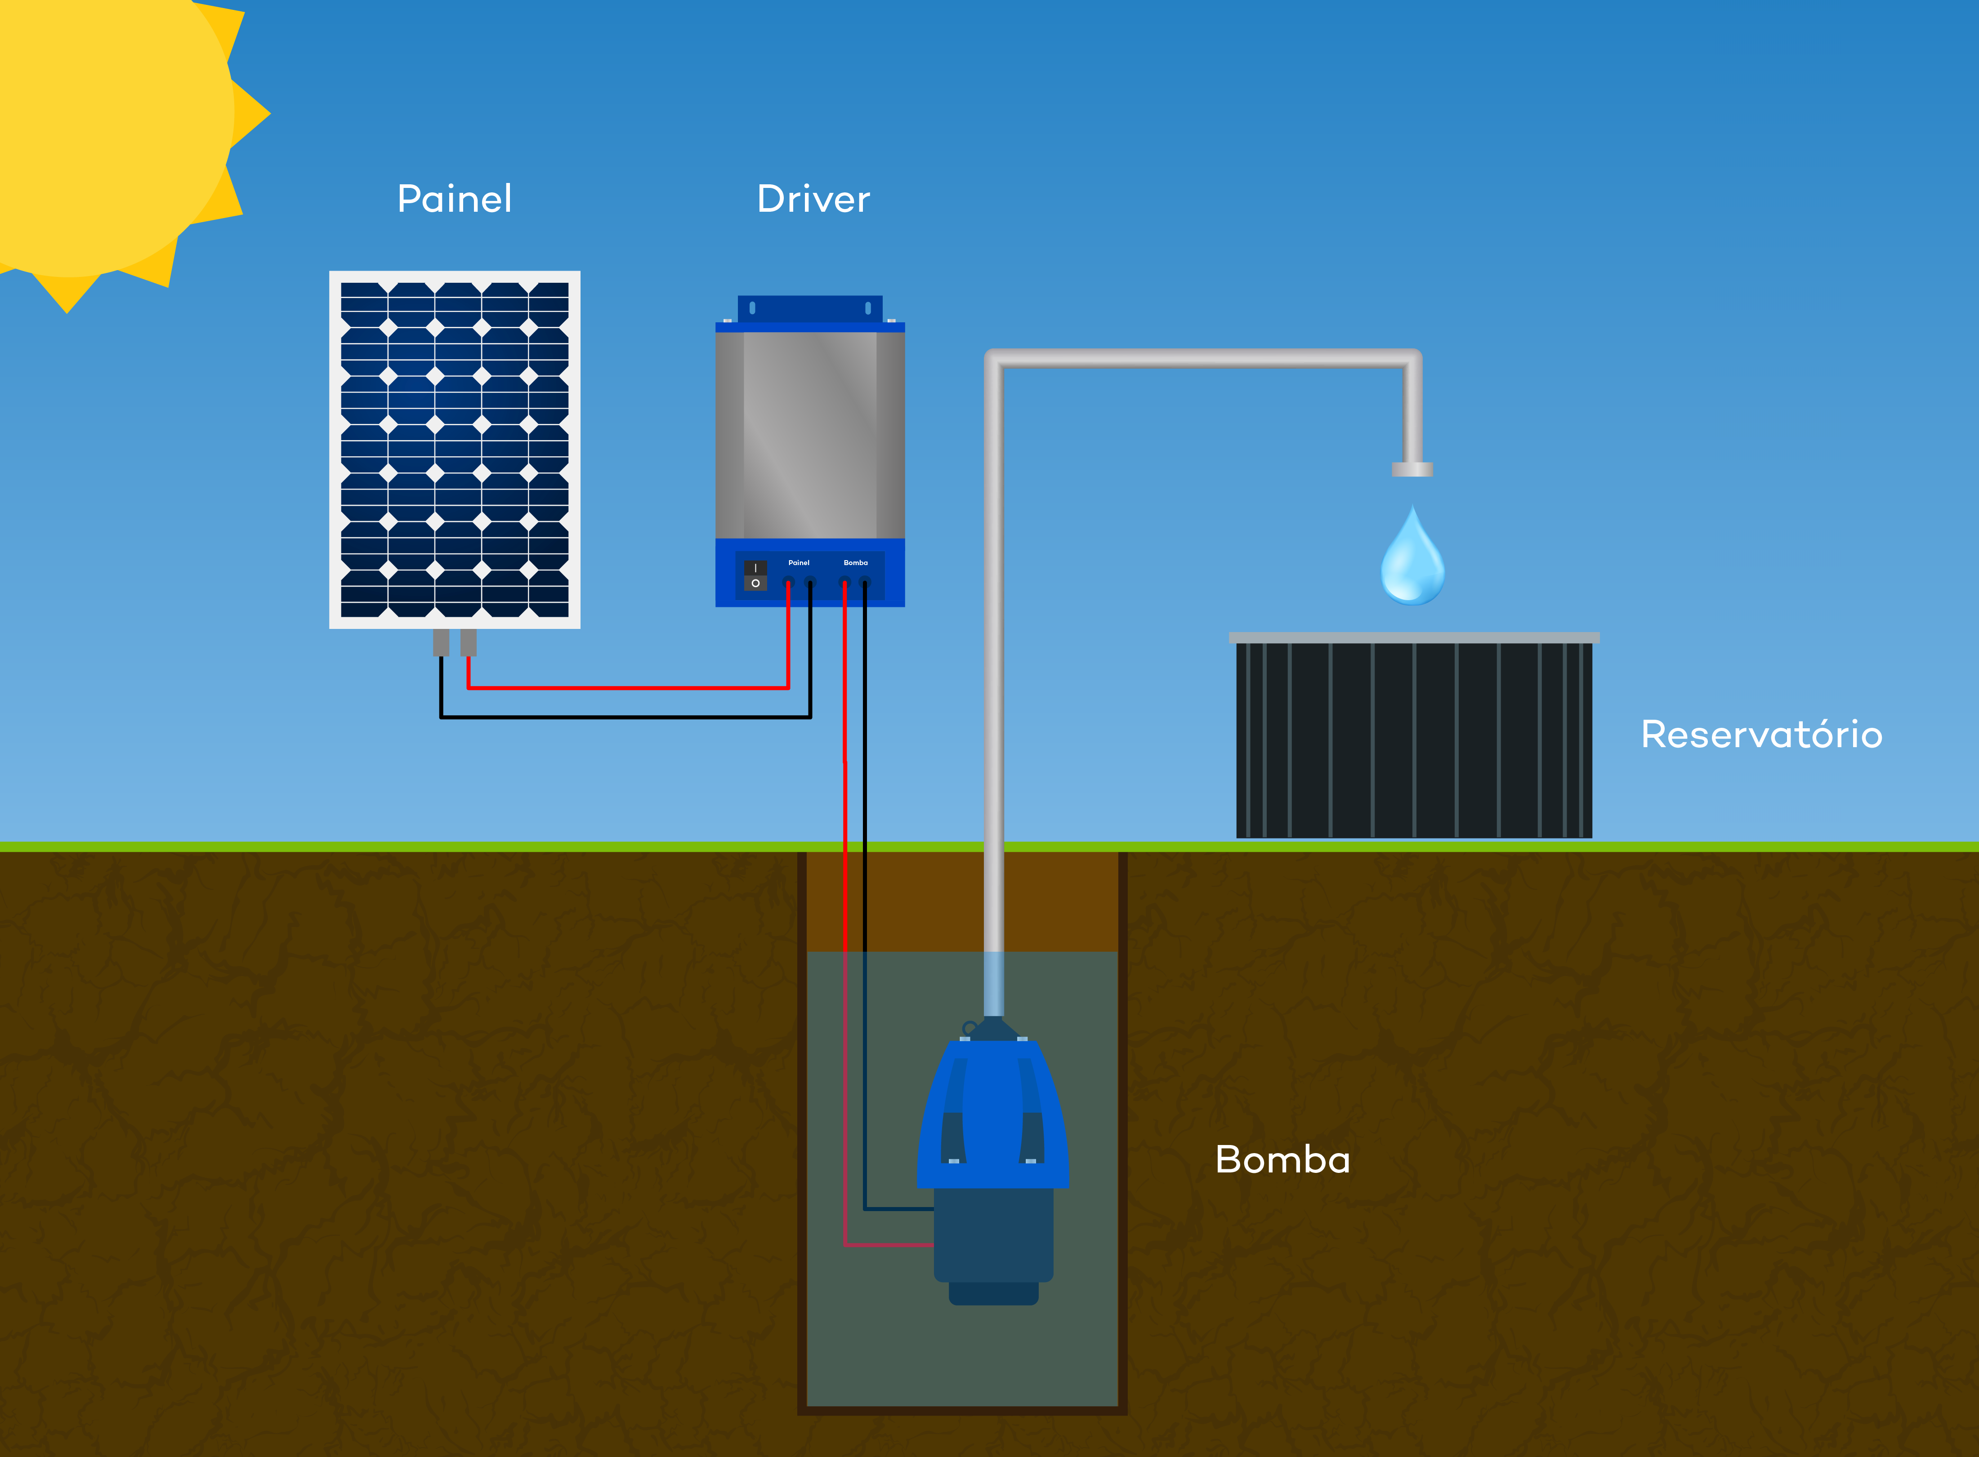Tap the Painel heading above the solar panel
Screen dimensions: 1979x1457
click(x=454, y=199)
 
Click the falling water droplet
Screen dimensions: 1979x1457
click(x=1412, y=556)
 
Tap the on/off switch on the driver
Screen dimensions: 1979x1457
click(x=755, y=575)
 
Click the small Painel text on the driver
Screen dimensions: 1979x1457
click(x=799, y=563)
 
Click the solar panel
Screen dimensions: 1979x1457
click(x=454, y=450)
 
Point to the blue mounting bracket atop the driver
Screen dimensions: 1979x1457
click(x=810, y=309)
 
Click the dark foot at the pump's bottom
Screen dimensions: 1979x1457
click(x=993, y=1293)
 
